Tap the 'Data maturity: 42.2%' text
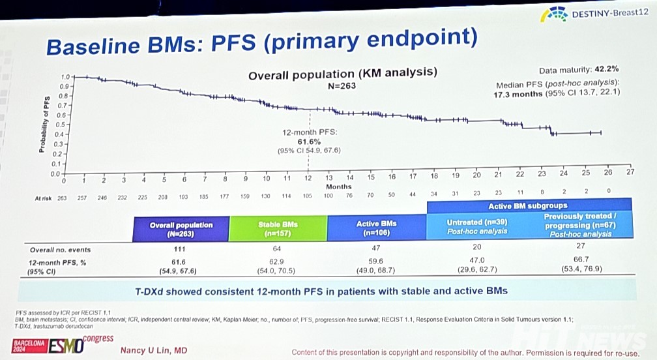coord(578,68)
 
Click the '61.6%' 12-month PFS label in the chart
coord(309,141)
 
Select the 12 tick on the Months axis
coord(308,178)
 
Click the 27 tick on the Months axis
coord(630,173)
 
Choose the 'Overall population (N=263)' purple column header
coord(181,229)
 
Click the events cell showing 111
coord(181,249)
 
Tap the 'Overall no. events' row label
coord(61,249)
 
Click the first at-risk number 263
coord(63,196)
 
